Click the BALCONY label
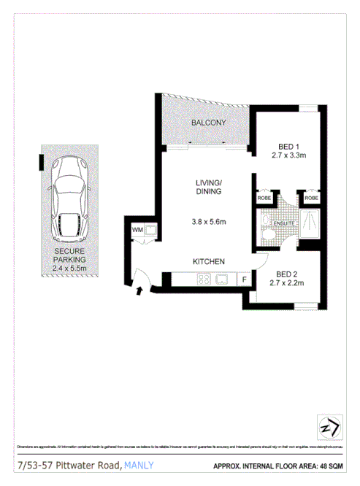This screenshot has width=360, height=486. coord(208,123)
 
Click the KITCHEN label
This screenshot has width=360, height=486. coord(208,261)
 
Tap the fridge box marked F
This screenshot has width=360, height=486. coord(244,279)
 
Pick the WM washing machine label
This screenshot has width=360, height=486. coord(137,231)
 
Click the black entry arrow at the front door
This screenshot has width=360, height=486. coord(140,292)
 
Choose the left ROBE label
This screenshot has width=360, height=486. coord(263,198)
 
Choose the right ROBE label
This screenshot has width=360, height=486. coord(311,198)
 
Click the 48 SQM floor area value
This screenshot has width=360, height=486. coord(334,465)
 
